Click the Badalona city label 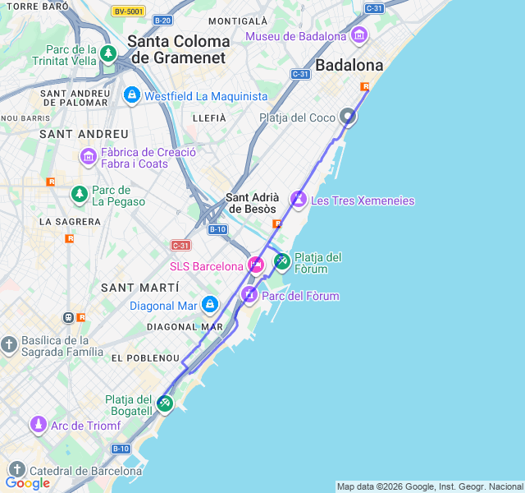[349, 65]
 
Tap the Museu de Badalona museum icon [358, 35]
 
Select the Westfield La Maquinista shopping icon [131, 96]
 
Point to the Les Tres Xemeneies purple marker [299, 200]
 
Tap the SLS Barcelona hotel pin [256, 265]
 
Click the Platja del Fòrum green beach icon [281, 262]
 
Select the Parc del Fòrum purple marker [249, 294]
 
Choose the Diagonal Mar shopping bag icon [210, 306]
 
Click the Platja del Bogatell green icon [165, 403]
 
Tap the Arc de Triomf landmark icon [38, 425]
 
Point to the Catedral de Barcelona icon [16, 470]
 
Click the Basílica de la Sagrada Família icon [9, 345]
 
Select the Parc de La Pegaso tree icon [79, 195]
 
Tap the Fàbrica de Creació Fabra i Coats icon [89, 156]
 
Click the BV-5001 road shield [129, 12]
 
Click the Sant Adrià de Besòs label [253, 203]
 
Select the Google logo [27, 483]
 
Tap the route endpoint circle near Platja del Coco [348, 117]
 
